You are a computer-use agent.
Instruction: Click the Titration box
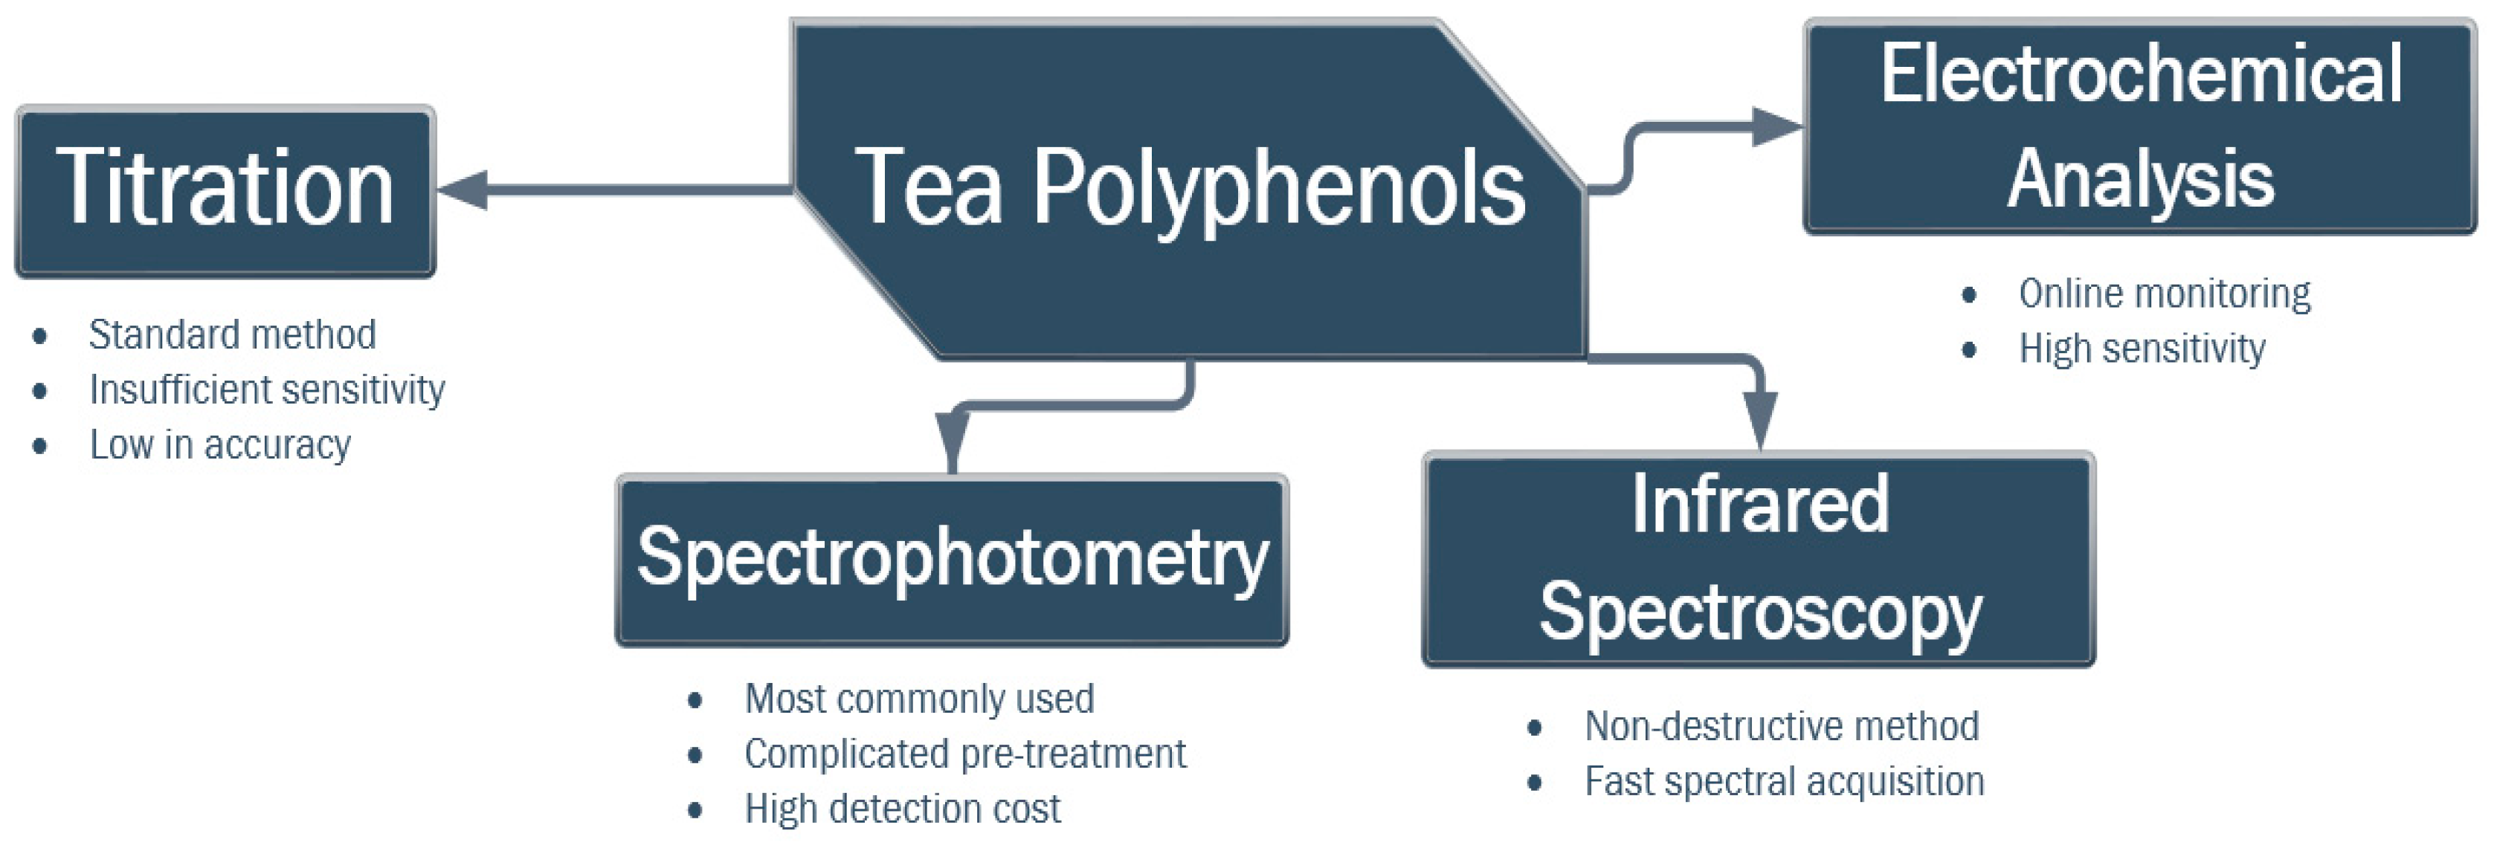225,192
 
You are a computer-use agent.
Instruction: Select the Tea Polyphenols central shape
1189,190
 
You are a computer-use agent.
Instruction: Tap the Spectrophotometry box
952,560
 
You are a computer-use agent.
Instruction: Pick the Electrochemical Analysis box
2139,126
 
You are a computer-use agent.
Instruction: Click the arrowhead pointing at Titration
463,190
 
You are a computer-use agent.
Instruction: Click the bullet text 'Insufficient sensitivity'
267,390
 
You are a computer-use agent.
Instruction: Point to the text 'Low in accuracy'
220,445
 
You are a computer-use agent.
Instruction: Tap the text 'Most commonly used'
919,699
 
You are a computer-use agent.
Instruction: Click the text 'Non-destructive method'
1782,726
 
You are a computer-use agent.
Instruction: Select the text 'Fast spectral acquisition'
1785,781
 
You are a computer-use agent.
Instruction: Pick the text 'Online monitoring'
2164,294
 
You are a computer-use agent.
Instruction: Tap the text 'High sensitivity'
2142,349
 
